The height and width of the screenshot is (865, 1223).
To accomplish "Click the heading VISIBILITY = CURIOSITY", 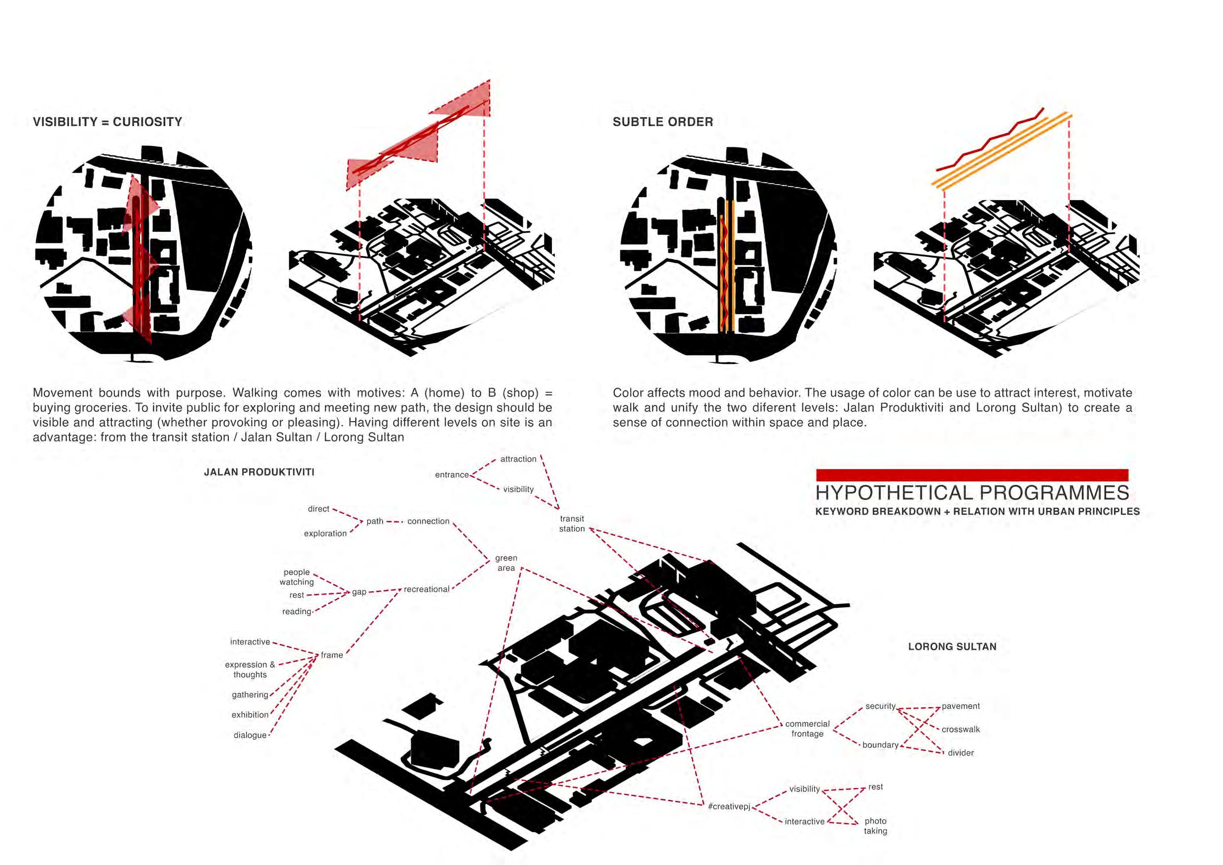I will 108,122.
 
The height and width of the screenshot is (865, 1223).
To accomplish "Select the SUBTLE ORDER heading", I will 663,122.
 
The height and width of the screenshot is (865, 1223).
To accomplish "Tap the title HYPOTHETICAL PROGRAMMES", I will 972,493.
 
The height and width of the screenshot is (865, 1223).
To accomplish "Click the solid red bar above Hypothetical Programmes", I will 972,474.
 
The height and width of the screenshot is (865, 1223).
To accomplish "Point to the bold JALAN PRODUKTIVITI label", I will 259,472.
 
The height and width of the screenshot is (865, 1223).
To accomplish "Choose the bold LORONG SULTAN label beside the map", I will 952,647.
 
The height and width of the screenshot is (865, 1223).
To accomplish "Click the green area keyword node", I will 506,563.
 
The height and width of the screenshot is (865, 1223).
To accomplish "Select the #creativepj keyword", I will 729,806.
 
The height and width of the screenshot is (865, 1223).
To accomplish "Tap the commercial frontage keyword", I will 807,729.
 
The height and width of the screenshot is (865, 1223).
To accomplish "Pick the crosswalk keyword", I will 960,730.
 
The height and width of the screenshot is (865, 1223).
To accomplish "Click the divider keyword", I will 960,753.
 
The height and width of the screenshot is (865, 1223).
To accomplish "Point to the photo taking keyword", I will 875,826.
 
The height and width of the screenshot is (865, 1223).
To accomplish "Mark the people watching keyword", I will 297,577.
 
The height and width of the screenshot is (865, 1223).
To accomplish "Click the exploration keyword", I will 325,534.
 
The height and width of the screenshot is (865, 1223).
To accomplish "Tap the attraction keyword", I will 518,459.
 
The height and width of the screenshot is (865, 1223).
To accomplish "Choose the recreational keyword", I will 426,590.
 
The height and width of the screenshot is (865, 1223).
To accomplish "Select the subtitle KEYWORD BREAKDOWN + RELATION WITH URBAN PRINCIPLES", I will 977,511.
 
